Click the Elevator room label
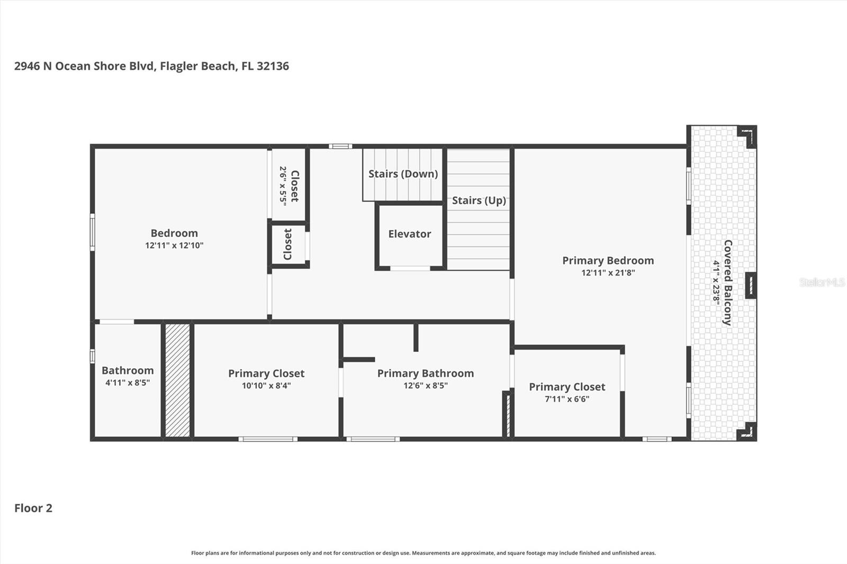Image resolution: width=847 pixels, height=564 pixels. pos(409,234)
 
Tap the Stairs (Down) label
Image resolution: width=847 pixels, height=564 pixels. pos(403,174)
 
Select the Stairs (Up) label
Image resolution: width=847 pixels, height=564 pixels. pos(479,201)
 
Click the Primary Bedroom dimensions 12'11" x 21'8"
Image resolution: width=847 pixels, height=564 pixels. pos(608,273)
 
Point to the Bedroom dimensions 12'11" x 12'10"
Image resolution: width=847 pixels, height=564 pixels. pos(174,245)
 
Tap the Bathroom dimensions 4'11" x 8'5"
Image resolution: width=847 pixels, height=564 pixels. pos(128,383)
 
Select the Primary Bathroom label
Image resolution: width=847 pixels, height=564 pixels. pos(425,373)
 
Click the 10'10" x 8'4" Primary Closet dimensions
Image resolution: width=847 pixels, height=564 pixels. pos(266,386)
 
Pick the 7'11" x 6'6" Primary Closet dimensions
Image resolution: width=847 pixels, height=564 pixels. pos(567,399)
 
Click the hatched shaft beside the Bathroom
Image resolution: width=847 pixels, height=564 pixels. pos(177,380)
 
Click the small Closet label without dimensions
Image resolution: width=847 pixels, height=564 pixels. pos(288,244)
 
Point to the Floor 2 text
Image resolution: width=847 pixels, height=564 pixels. pos(33,508)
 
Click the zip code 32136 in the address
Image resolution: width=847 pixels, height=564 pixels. pos(273,66)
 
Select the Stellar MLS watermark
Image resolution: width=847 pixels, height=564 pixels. pos(822,282)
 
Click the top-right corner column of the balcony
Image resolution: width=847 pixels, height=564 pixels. pos(747,137)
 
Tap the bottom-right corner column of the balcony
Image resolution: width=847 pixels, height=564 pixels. pos(747,431)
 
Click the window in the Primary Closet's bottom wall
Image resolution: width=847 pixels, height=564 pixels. pos(268,439)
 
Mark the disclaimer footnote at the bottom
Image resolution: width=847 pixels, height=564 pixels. pos(423,553)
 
